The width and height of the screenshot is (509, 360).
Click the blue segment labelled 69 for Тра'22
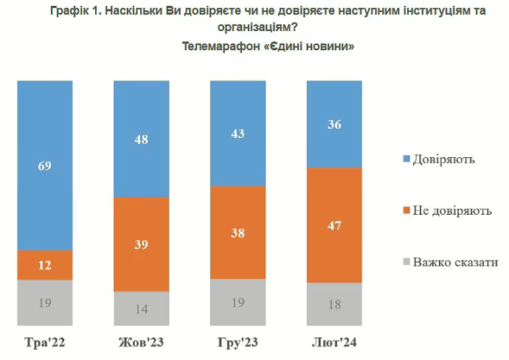pos(45,165)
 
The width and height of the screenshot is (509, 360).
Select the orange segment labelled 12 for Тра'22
pos(45,265)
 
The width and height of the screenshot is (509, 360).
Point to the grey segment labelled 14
pos(141,309)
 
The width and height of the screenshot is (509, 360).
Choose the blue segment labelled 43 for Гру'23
pos(238,133)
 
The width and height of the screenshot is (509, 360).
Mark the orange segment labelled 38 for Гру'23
pos(238,232)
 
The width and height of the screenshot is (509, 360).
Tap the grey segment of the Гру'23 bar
pos(238,301)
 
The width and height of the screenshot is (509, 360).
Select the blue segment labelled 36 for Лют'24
pos(334,124)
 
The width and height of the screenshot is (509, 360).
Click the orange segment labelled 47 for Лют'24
pos(334,225)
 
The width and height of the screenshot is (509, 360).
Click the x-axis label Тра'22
pos(44,343)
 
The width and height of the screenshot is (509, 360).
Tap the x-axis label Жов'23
pos(141,343)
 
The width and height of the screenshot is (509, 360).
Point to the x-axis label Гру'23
pos(238,343)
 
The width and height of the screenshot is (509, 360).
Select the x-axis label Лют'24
pos(334,343)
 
